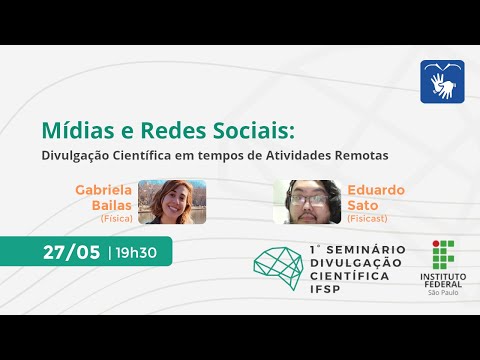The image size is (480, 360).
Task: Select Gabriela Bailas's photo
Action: pos(171,201)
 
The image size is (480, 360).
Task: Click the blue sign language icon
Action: pos(441,80)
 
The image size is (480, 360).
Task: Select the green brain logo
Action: pos(279,264)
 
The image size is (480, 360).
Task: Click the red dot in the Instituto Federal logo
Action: pos(435,244)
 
